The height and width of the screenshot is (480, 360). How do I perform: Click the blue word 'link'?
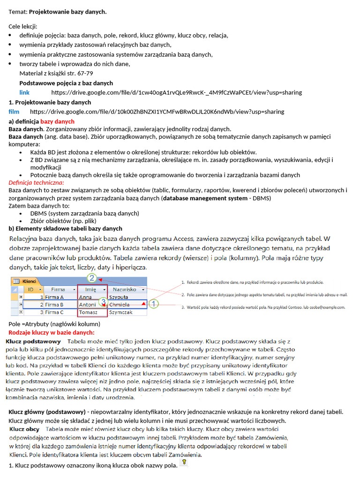tap(24, 92)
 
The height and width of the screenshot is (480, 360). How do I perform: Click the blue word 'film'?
tap(14, 112)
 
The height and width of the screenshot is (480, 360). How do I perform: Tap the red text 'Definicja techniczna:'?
tap(37, 182)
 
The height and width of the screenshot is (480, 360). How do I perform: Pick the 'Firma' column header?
tap(59, 289)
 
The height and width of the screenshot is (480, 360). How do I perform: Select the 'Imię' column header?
tap(91, 289)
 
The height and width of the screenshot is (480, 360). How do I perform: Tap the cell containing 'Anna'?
tap(86, 297)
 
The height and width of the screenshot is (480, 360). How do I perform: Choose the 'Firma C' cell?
tap(56, 312)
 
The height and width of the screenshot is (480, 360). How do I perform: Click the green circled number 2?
tap(92, 278)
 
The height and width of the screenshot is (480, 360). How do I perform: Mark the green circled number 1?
tap(154, 304)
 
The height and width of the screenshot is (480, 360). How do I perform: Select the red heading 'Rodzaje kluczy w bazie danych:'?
tap(52, 332)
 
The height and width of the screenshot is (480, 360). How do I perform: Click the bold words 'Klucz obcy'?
tap(24, 429)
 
